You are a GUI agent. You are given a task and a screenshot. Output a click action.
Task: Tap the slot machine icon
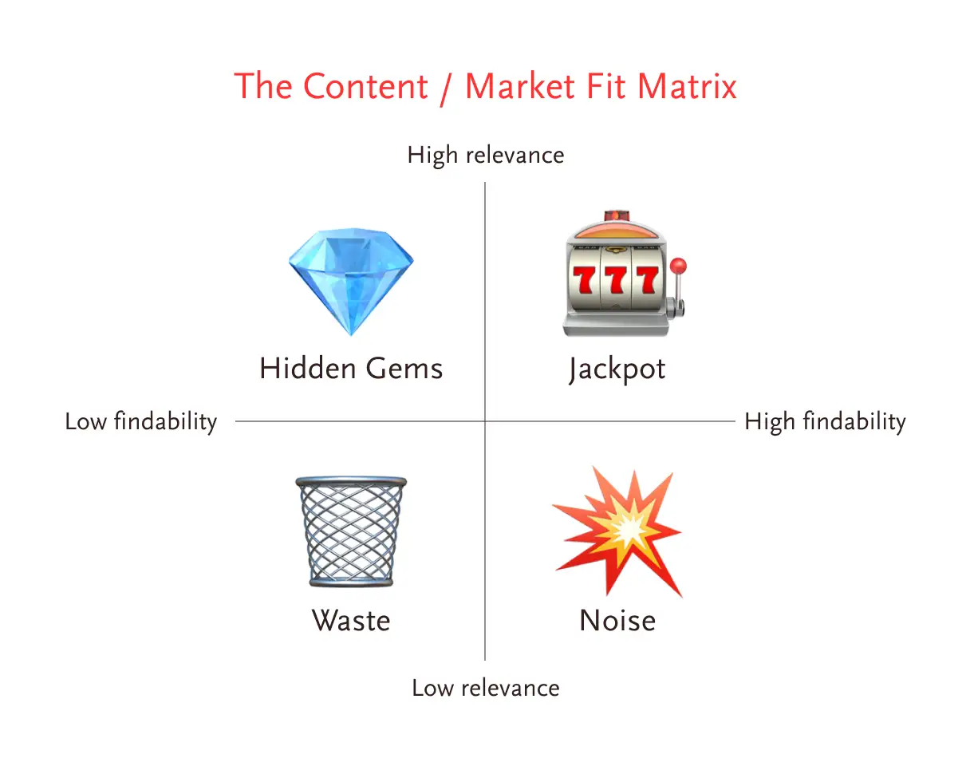(625, 273)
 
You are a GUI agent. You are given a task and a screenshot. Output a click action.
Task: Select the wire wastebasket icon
(351, 531)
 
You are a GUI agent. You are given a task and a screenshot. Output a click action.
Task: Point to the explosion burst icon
(617, 532)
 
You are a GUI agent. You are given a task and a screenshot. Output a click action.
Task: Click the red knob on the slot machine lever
(678, 266)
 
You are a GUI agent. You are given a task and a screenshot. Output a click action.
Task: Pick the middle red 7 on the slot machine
(616, 279)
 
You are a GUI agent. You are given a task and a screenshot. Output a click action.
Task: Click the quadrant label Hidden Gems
(351, 369)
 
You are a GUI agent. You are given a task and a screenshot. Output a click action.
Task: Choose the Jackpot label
(617, 369)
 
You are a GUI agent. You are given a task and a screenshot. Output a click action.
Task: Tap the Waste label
(351, 620)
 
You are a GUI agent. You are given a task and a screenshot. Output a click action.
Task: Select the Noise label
(617, 620)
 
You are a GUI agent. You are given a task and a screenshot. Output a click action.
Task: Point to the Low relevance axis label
(486, 688)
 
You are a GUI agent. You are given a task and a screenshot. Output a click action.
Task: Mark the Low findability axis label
(141, 422)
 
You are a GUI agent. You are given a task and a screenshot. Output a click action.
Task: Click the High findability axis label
(825, 422)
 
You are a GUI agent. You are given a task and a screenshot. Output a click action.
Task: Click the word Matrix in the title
(687, 85)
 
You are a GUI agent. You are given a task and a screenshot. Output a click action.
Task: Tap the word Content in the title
(365, 85)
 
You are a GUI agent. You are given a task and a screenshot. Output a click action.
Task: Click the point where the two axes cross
(485, 421)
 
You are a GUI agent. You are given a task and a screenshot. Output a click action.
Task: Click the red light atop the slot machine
(617, 215)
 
